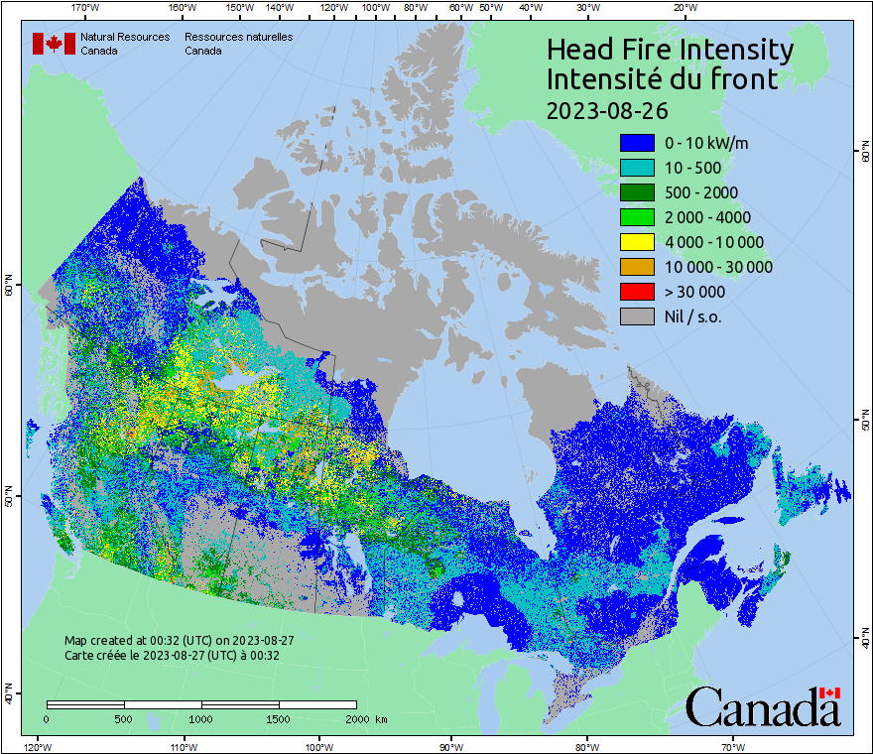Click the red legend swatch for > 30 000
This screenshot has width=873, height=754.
(637, 292)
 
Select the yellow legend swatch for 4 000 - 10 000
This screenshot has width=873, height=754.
(637, 242)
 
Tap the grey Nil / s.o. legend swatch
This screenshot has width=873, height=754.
(637, 316)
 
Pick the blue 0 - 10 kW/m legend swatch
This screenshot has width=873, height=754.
(637, 143)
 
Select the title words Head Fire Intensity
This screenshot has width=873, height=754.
(670, 50)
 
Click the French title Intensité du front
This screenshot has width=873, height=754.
(662, 79)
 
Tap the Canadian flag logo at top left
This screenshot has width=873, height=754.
(54, 44)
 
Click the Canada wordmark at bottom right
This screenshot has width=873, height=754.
(764, 706)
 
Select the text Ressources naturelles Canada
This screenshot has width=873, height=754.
(238, 44)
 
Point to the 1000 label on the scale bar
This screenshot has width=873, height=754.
(201, 718)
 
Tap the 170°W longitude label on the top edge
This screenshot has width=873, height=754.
(86, 8)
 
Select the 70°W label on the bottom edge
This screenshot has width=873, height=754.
(732, 746)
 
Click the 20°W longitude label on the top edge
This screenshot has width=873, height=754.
(684, 8)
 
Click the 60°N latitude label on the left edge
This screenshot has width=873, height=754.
(8, 288)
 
